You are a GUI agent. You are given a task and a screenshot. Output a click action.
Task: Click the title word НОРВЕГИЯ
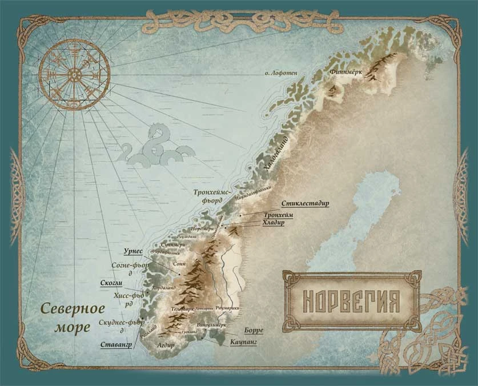click(x=350, y=300)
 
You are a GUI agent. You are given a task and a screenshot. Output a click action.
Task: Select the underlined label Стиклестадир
click(x=306, y=204)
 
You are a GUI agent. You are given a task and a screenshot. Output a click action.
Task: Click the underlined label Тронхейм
click(x=279, y=215)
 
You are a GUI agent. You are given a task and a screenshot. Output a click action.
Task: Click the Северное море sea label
click(x=73, y=318)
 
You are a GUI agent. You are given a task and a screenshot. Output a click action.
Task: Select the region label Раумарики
click(x=228, y=308)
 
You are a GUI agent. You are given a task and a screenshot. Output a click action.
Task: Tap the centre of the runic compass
click(x=74, y=74)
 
